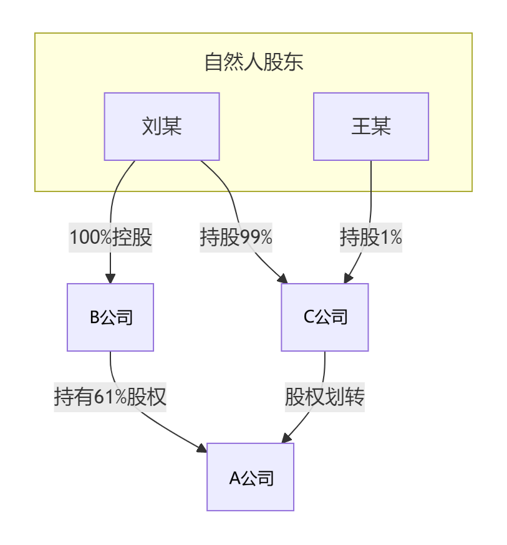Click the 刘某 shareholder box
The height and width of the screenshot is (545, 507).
pyautogui.click(x=162, y=127)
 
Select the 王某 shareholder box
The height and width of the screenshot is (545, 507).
pyautogui.click(x=370, y=127)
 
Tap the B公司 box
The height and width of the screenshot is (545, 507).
pyautogui.click(x=110, y=317)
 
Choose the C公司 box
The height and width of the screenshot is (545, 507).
pyautogui.click(x=324, y=317)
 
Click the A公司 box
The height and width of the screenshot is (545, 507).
pyautogui.click(x=250, y=478)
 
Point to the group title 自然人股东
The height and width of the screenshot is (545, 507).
pyautogui.click(x=253, y=62)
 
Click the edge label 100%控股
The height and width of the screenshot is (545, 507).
pyautogui.click(x=110, y=238)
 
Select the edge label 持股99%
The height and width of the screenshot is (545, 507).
pyautogui.click(x=236, y=238)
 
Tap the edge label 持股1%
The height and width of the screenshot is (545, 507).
pyautogui.click(x=370, y=238)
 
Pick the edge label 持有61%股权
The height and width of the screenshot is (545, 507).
pyautogui.click(x=110, y=397)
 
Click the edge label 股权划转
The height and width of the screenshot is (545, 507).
pyautogui.click(x=324, y=397)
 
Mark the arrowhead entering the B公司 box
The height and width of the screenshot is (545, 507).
pyautogui.click(x=110, y=279)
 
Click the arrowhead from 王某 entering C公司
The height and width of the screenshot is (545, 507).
pyautogui.click(x=350, y=279)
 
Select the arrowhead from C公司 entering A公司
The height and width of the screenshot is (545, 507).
pyautogui.click(x=287, y=438)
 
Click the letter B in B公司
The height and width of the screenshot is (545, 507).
pyautogui.click(x=95, y=318)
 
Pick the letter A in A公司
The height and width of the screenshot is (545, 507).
pyautogui.click(x=234, y=478)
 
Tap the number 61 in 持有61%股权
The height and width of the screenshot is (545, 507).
pyautogui.click(x=104, y=397)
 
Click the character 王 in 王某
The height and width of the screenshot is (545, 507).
pyautogui.click(x=360, y=127)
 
